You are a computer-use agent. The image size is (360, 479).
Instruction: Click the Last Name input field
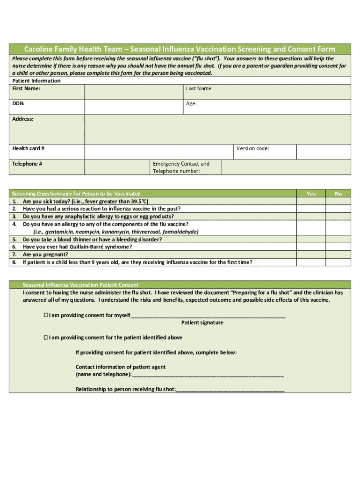[x=284, y=92]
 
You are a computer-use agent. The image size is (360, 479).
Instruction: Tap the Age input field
[x=284, y=107]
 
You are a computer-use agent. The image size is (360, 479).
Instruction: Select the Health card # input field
[x=159, y=152]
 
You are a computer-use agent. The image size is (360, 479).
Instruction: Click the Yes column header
[x=311, y=193]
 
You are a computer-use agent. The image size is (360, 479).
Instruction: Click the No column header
[x=338, y=193]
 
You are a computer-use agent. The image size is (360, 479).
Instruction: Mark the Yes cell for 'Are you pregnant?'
[x=311, y=254]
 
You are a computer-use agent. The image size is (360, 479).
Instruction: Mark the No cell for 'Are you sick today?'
[x=338, y=201]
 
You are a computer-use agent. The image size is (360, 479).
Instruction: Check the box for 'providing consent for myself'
[x=46, y=315]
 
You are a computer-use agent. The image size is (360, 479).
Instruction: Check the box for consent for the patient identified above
[x=46, y=337]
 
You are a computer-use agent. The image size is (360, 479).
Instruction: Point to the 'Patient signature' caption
[x=202, y=323]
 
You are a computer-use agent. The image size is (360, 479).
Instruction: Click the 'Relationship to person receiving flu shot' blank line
[x=230, y=390]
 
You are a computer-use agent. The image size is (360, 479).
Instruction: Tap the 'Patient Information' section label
[x=36, y=81]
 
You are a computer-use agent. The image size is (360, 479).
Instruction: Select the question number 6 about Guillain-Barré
[x=14, y=247]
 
